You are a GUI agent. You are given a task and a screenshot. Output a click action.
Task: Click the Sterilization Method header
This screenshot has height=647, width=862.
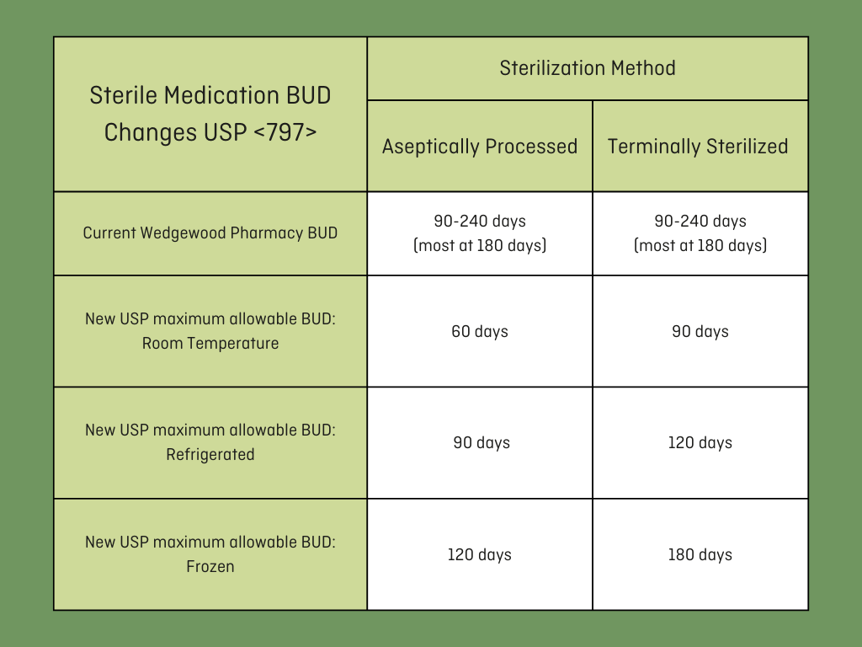[x=587, y=68]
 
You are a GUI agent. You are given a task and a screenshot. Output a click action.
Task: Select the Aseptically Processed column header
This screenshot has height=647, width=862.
[x=479, y=147]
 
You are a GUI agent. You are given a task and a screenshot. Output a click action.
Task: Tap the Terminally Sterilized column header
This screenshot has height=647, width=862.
[x=698, y=147]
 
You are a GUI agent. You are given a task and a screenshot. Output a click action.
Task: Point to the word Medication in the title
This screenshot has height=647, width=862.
[x=222, y=96]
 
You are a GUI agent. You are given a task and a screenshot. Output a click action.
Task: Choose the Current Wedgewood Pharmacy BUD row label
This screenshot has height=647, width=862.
[x=210, y=233]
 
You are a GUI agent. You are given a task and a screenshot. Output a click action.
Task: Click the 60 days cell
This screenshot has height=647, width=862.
[x=479, y=332]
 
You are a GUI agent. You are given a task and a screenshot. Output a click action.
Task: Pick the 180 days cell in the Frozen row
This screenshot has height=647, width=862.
[x=700, y=554]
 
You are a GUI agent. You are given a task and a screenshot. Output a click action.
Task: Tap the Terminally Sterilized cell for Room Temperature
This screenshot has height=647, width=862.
[x=700, y=332]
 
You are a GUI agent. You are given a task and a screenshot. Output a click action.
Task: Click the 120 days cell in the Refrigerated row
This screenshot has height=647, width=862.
[x=700, y=443]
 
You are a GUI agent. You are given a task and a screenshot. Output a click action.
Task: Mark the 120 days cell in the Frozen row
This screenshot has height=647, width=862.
[x=479, y=554]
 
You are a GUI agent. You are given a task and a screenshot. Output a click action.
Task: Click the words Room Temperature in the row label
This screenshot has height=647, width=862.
[x=210, y=344]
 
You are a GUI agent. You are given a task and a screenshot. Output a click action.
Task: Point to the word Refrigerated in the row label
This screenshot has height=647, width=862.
[x=210, y=455]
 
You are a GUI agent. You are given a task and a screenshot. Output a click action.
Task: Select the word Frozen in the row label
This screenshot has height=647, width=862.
[x=210, y=567]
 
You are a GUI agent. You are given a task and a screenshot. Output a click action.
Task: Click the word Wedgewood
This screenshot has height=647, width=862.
[x=183, y=233]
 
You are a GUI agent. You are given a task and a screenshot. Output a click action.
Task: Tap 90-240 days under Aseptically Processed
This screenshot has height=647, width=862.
[x=479, y=222]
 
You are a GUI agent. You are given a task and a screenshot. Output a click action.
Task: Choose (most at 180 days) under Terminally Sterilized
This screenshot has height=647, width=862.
[x=700, y=245]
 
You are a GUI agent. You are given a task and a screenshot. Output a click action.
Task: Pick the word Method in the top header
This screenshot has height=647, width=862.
[x=643, y=68]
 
